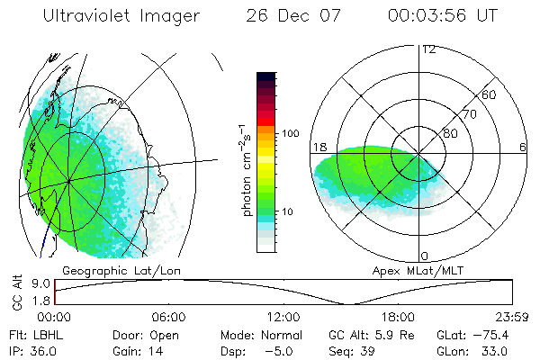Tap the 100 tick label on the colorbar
pos(290,133)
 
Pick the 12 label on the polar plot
pos(428,49)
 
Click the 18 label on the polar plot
pos(319,147)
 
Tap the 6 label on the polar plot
pos(522,147)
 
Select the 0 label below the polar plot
pos(425,256)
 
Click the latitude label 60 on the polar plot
pos(490,94)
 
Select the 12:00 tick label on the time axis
pos(283,317)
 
